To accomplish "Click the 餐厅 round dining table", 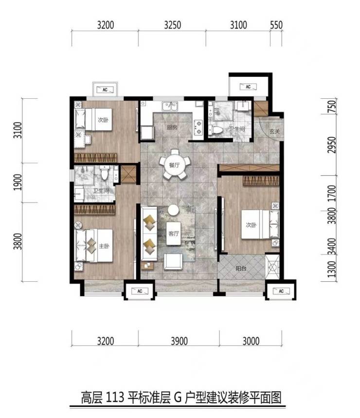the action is [x=174, y=165].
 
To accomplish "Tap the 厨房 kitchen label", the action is [x=172, y=127].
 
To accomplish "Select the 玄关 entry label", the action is [x=274, y=131].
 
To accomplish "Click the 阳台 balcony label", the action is [x=241, y=268].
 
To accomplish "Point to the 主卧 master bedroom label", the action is [x=104, y=246].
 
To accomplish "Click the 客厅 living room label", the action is [x=174, y=234].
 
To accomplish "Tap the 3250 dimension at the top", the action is [x=172, y=25].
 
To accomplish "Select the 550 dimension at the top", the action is [x=276, y=25].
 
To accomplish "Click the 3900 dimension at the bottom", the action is [x=179, y=341].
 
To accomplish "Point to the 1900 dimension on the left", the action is [x=18, y=182].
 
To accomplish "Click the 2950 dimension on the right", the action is [x=332, y=145].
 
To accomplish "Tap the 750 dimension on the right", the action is [x=332, y=106].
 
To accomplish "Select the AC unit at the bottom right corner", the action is [x=281, y=291].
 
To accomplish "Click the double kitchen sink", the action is [x=170, y=106].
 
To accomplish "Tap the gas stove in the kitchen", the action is [x=198, y=127].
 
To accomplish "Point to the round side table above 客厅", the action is [x=174, y=210].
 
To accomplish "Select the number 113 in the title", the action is [x=115, y=398].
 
